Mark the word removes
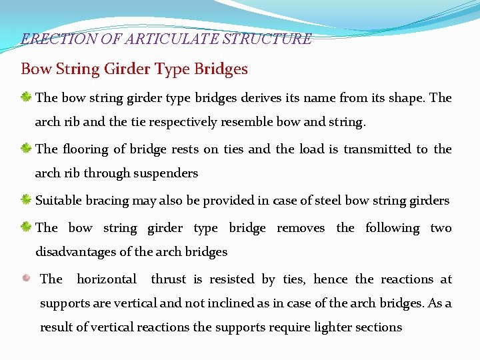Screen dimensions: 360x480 (301, 228)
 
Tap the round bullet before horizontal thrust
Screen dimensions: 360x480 (26, 279)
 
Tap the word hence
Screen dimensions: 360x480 (330, 279)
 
